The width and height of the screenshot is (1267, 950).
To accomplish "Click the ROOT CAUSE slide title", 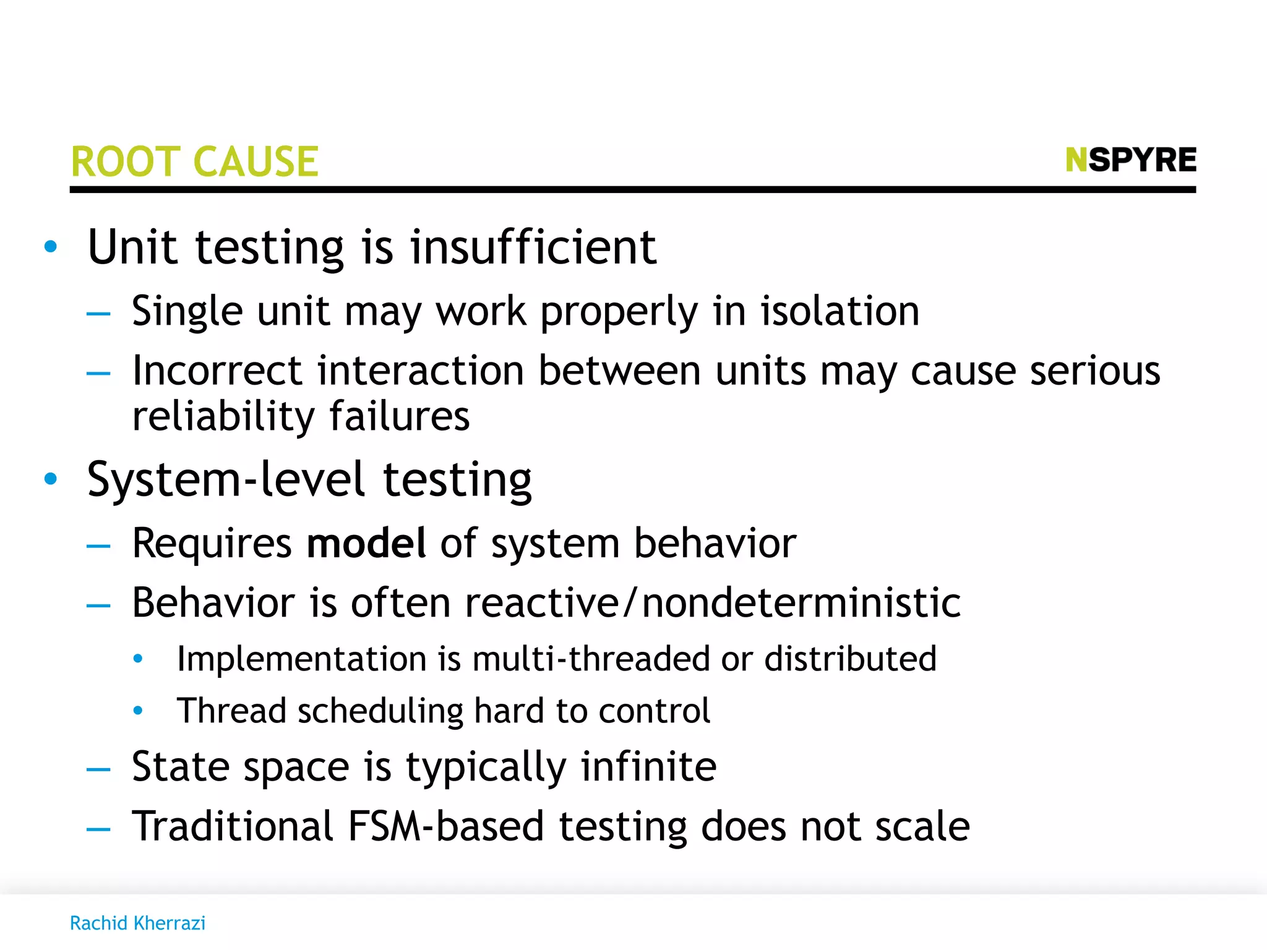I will coord(195,162).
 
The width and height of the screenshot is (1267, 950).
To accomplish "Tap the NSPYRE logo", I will coord(1131,160).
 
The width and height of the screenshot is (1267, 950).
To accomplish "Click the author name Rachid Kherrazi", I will coord(137,923).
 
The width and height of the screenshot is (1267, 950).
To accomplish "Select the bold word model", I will coord(366,543).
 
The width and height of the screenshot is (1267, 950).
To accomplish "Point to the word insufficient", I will coord(533,247).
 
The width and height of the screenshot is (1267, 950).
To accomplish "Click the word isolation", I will coord(840,310).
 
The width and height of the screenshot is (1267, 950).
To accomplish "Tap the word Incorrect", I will coord(217,370).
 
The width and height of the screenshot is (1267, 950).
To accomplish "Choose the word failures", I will coord(400,416).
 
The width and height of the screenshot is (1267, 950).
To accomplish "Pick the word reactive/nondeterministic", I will coord(713,602).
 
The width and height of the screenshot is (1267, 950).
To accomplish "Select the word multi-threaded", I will coord(591,658).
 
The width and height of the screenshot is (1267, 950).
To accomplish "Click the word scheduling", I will coord(380,711).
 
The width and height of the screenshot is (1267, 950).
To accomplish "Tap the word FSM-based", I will coord(445,826).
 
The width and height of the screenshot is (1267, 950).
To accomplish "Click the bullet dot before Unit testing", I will coord(51,247).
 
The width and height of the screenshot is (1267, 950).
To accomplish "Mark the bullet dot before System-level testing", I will coord(51,478).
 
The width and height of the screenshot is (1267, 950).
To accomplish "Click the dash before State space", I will coord(98,769).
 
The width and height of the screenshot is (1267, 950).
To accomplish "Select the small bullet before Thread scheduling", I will coord(138,711).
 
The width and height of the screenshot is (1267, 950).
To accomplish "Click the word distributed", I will coord(850,658).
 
